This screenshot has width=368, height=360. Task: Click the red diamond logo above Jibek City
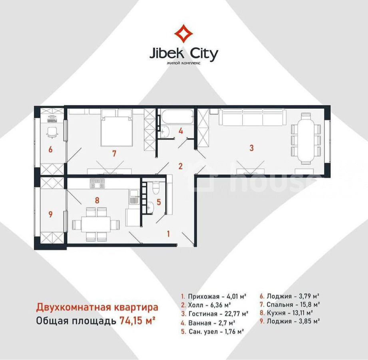tap(183, 34)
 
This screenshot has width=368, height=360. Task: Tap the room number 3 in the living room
tap(252, 148)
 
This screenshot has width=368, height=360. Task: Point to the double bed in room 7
tap(116, 128)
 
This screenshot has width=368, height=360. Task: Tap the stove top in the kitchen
tap(97, 183)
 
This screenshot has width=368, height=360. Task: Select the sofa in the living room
tap(253, 117)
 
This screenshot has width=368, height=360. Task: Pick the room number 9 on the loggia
tap(50, 214)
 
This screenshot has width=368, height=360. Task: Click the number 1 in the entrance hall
tap(168, 234)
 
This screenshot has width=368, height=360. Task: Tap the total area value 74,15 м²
tap(137, 320)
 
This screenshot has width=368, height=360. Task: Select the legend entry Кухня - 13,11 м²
tap(286, 313)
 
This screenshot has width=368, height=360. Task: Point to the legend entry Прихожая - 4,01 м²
tap(214, 296)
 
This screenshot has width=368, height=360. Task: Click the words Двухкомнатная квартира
tap(97, 307)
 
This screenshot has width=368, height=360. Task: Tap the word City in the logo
tap(203, 54)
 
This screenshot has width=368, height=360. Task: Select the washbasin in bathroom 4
tap(165, 131)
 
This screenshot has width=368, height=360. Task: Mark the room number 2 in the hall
tap(180, 166)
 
